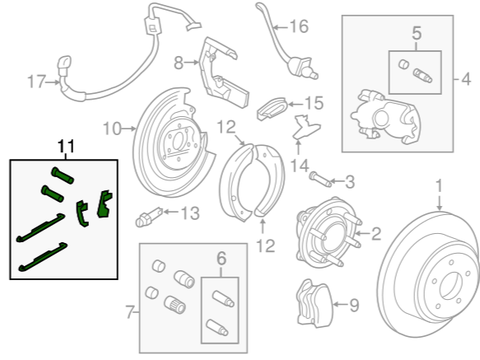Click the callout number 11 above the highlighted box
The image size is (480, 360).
click(x=66, y=146)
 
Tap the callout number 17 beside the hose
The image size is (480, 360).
click(x=36, y=82)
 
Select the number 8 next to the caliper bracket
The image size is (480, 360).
click(x=179, y=63)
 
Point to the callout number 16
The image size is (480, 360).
click(x=299, y=26)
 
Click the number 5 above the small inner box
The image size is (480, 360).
click(x=417, y=33)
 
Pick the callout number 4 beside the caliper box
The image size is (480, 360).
click(x=466, y=80)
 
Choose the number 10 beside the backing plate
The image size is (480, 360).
click(x=112, y=129)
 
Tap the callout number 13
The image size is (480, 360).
click(x=190, y=213)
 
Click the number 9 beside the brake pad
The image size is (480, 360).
click(x=354, y=305)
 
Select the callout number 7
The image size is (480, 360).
click(x=130, y=312)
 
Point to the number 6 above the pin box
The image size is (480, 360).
click(x=221, y=259)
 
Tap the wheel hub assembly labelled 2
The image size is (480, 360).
click(x=329, y=232)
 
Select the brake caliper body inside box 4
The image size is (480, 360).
click(x=386, y=118)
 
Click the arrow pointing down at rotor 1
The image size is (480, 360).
click(x=440, y=203)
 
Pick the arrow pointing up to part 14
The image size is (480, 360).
click(x=298, y=147)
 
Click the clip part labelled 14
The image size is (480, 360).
click(x=306, y=126)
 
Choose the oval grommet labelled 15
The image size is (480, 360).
click(x=273, y=109)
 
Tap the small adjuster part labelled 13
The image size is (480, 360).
click(x=149, y=217)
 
